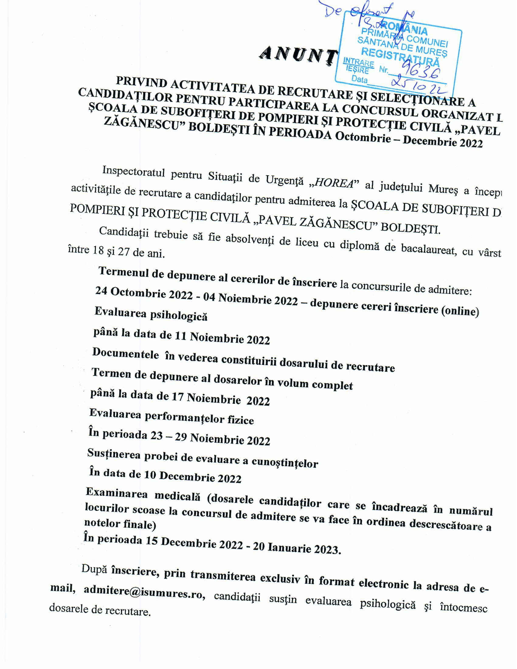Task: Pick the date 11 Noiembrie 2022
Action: (222, 338)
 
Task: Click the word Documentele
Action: (126, 354)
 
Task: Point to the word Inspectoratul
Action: (134, 171)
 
